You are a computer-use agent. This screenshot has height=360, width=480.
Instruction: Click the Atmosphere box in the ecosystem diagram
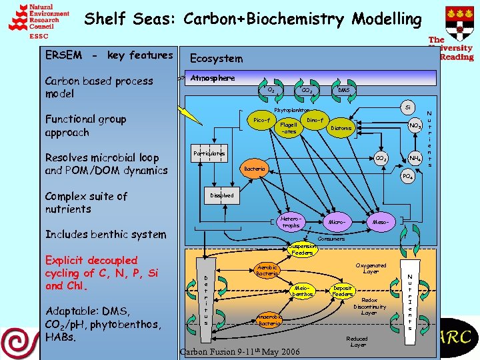pyautogui.click(x=213, y=78)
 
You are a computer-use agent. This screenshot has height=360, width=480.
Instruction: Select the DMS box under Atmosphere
pyautogui.click(x=343, y=90)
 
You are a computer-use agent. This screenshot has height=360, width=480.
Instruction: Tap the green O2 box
pyautogui.click(x=271, y=89)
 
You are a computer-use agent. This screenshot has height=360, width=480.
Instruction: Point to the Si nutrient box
pyautogui.click(x=407, y=107)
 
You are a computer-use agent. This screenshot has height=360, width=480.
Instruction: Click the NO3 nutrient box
pyautogui.click(x=415, y=125)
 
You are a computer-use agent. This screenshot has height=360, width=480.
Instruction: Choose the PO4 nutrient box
pyautogui.click(x=407, y=177)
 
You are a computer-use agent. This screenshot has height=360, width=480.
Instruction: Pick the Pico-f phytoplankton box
pyautogui.click(x=262, y=121)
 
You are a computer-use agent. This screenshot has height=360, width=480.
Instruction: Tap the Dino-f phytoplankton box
pyautogui.click(x=315, y=120)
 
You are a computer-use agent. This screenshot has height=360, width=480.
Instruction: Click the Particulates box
pyautogui.click(x=209, y=154)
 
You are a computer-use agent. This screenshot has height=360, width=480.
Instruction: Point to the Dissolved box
pyautogui.click(x=222, y=195)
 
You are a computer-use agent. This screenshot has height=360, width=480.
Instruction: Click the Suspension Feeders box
pyautogui.click(x=302, y=250)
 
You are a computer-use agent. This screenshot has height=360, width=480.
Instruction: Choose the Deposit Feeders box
pyautogui.click(x=343, y=291)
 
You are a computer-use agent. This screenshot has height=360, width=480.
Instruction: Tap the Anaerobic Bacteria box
pyautogui.click(x=269, y=319)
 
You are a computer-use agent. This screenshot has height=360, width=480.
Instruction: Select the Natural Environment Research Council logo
pyautogui.click(x=38, y=21)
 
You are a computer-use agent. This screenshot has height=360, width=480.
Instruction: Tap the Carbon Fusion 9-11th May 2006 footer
pyautogui.click(x=239, y=351)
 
